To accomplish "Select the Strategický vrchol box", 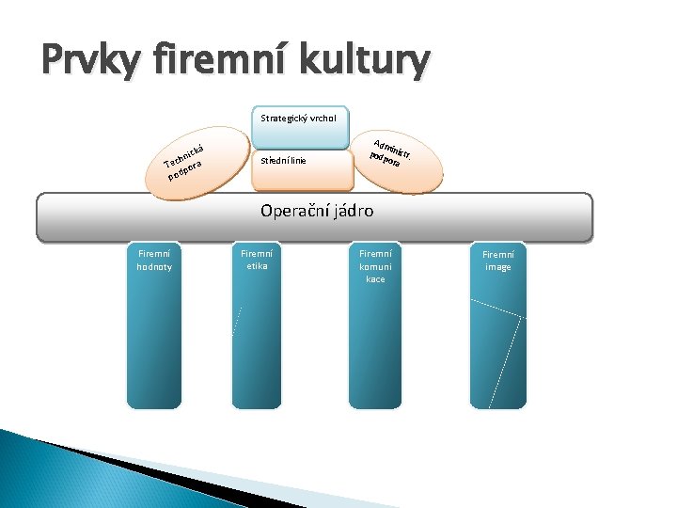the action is [x=300, y=119].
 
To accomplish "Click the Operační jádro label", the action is [x=317, y=212].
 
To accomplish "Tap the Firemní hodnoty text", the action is [x=155, y=261].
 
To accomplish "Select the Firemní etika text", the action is [x=257, y=260].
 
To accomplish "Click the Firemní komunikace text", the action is [x=375, y=266].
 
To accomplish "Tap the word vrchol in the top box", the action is [x=329, y=119].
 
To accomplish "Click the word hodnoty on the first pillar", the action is [x=155, y=267].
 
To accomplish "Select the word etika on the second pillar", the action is [x=257, y=266].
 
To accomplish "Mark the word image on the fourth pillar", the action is [x=497, y=268].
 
